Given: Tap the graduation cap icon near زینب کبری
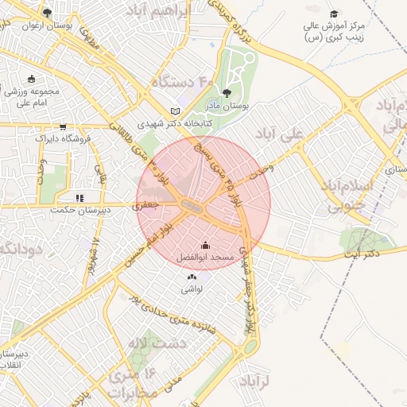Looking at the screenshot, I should pos(334,14).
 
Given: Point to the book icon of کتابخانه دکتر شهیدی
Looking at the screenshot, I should pos(176,111).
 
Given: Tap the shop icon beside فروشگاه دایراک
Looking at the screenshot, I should pos(63,126).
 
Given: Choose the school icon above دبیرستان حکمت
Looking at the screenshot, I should pos(79,198).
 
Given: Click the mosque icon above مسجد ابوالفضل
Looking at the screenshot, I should pos(206,245).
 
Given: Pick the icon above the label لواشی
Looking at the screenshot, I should pos(192,277).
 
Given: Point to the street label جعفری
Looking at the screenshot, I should pos(149,204).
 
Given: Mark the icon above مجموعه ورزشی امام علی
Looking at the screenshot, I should pos(31,79).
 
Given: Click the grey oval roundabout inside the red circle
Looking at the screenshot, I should pos(191,205).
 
